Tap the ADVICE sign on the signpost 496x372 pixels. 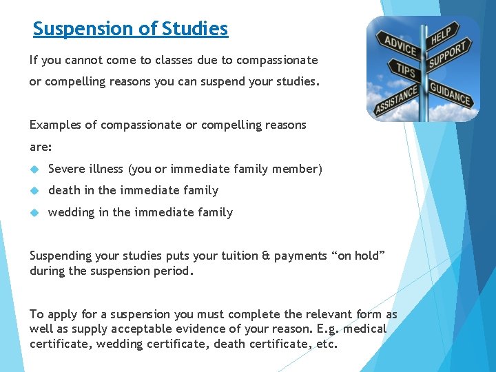(x=400, y=47)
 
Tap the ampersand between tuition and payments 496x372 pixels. (x=266, y=256)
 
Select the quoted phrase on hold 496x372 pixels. (x=357, y=256)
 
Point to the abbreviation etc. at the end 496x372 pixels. (x=324, y=344)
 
